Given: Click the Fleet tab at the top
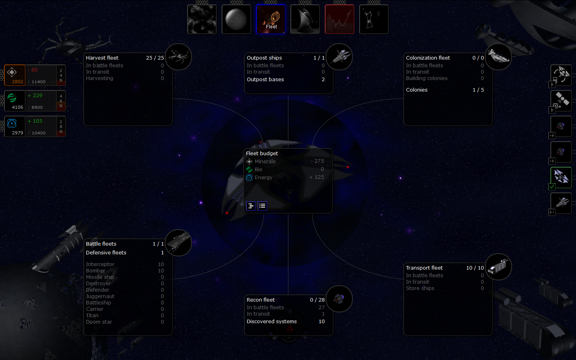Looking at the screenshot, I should pyautogui.click(x=271, y=19).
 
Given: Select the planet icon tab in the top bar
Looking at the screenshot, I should pyautogui.click(x=236, y=19).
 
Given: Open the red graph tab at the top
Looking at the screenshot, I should pyautogui.click(x=339, y=19).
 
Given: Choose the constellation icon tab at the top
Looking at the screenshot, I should pyautogui.click(x=374, y=19).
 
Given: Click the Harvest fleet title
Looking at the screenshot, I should pyautogui.click(x=102, y=58).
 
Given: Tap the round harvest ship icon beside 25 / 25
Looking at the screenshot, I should pyautogui.click(x=178, y=56).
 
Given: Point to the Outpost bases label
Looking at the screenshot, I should pyautogui.click(x=265, y=80).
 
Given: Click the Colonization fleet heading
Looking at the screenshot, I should pyautogui.click(x=428, y=58).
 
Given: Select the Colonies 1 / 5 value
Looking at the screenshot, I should pyautogui.click(x=478, y=90).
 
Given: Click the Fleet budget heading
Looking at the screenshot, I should pyautogui.click(x=262, y=154).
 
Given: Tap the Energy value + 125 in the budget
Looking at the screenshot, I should pyautogui.click(x=316, y=177).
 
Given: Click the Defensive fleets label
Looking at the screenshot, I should pyautogui.click(x=106, y=253).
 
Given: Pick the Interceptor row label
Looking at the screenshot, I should pyautogui.click(x=100, y=264).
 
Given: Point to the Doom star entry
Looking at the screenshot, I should pyautogui.click(x=99, y=322).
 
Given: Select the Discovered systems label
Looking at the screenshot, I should pyautogui.click(x=272, y=322).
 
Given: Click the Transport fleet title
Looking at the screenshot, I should pyautogui.click(x=424, y=268).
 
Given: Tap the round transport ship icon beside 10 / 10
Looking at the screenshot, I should pyautogui.click(x=498, y=266).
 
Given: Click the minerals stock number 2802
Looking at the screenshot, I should pyautogui.click(x=18, y=82).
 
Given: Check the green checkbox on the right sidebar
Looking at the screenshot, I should pyautogui.click(x=552, y=186).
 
